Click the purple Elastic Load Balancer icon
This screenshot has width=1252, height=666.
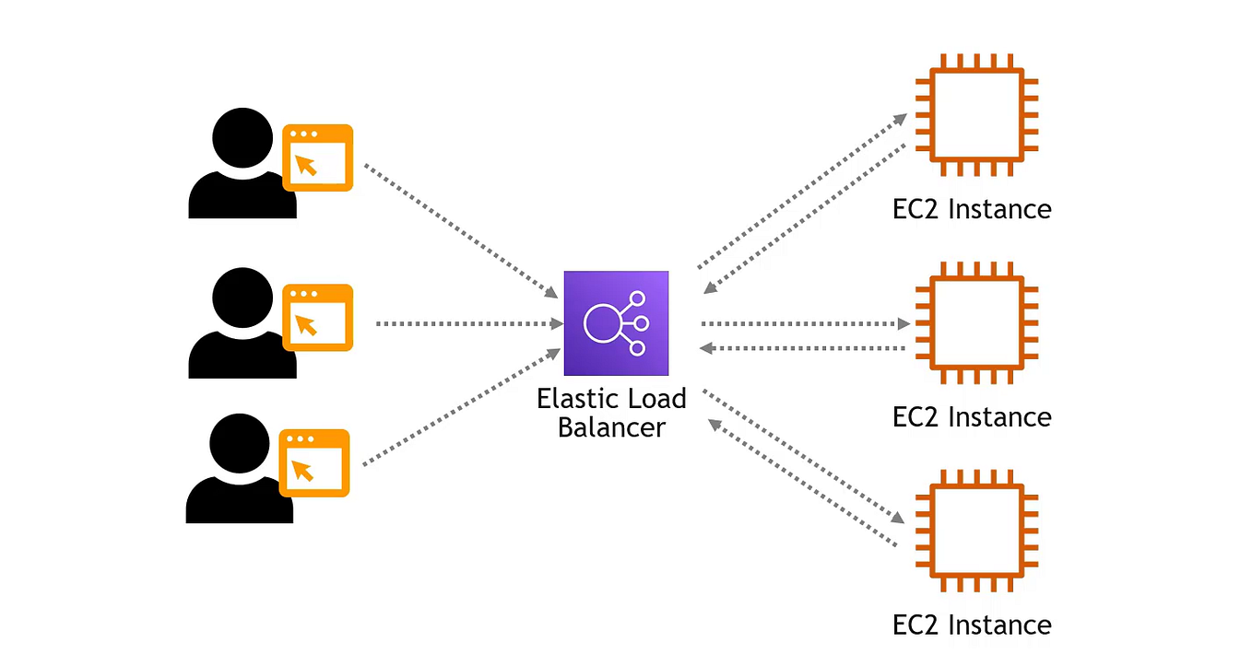tap(616, 323)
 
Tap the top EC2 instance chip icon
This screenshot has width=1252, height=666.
tap(975, 114)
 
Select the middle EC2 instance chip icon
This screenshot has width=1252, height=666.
tap(975, 322)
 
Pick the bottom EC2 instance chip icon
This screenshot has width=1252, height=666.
tap(975, 531)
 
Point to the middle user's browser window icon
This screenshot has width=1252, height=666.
tap(317, 318)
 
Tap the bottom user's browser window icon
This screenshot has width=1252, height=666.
tap(315, 463)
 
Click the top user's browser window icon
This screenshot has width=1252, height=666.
tap(317, 158)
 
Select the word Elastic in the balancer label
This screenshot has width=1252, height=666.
tap(572, 400)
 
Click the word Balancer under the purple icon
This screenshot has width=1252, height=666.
tap(610, 428)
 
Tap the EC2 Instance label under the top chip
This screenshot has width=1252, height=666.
tap(972, 209)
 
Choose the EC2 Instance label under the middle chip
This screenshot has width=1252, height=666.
tap(972, 417)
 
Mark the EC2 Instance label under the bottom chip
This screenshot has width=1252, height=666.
tap(972, 625)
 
